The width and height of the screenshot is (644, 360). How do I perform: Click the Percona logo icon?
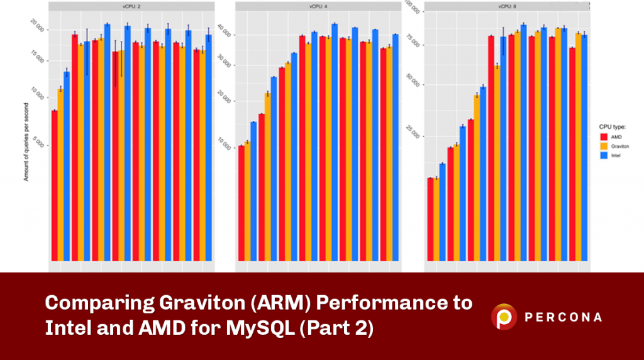(x=504, y=317)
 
